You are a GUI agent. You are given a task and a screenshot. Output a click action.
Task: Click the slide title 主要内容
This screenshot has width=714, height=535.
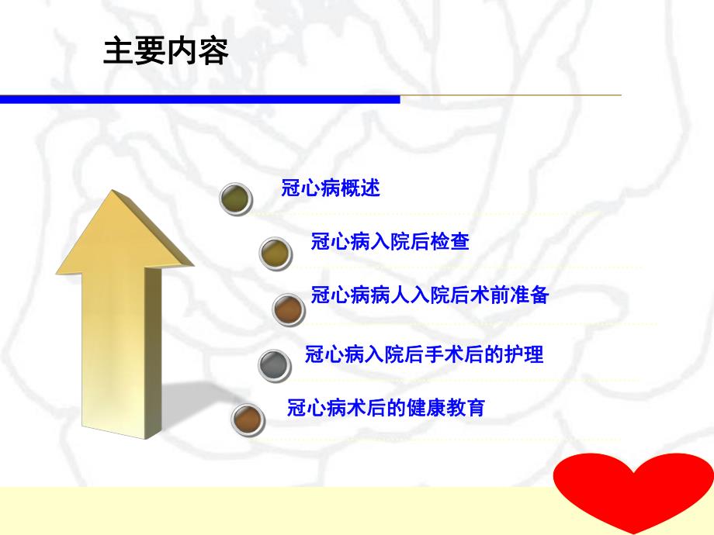click(165, 52)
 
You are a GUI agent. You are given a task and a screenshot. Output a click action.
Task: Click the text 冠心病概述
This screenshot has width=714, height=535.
click(331, 188)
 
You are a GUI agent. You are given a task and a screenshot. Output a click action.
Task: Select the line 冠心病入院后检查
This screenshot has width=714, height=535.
click(390, 242)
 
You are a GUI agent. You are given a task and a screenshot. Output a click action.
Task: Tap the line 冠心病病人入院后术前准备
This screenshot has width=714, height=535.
click(430, 295)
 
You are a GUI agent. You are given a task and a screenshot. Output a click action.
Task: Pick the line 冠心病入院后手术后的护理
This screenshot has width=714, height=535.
click(425, 355)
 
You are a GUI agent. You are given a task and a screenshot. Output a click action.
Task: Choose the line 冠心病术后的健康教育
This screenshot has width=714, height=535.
click(386, 408)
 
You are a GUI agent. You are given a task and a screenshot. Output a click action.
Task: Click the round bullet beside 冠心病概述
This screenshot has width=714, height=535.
click(237, 198)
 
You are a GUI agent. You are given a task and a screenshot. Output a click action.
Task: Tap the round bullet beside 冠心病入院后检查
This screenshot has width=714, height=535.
click(275, 252)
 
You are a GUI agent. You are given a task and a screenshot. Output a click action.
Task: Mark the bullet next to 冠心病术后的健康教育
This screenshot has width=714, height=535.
click(248, 419)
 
